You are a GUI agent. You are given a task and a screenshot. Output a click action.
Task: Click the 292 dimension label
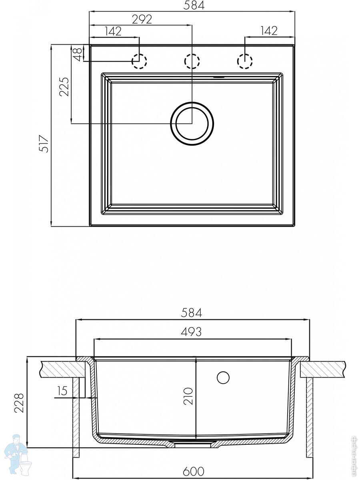142,20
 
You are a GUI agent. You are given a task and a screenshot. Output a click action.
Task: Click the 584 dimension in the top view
194,5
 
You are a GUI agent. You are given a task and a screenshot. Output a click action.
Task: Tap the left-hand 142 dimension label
113,31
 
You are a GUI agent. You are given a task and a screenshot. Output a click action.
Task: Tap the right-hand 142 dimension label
269,31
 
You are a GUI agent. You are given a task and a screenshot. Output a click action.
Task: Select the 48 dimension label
78,54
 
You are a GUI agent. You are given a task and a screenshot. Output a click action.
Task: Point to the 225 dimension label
64,86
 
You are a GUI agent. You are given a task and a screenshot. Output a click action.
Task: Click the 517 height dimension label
43,144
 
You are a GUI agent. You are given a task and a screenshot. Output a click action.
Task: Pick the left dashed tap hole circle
139,61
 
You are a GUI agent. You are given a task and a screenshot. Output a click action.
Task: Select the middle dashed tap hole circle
192,61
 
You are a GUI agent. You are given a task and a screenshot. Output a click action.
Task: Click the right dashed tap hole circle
245,61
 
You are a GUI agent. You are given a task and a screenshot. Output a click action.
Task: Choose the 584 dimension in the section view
192,313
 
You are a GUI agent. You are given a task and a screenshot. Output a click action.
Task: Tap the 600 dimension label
194,470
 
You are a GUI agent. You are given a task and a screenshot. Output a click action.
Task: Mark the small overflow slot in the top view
218,77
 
